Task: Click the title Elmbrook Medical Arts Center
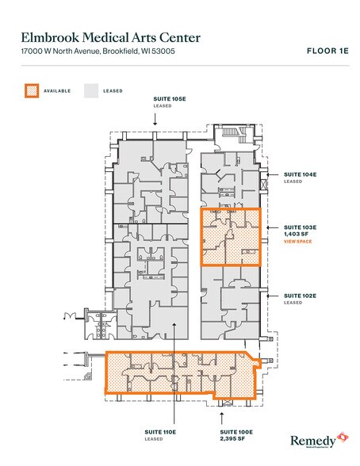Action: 111,37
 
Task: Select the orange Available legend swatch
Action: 32,90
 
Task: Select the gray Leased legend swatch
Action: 91,90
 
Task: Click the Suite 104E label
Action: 300,173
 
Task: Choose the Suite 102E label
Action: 300,296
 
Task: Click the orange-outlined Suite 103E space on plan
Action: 230,235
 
